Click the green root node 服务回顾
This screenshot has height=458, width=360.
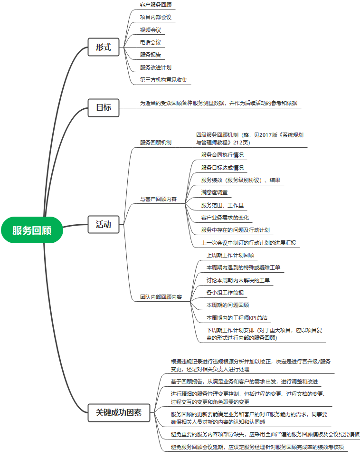pyautogui.click(x=32, y=230)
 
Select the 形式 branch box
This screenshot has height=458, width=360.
pyautogui.click(x=103, y=47)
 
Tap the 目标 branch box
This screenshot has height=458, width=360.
pyautogui.click(x=103, y=107)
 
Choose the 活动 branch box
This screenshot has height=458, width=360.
pyautogui.click(x=103, y=224)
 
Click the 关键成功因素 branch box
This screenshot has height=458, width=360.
pyautogui.click(x=119, y=412)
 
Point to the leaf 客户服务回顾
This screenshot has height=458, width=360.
pyautogui.click(x=156, y=5)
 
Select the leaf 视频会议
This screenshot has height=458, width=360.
pyautogui.click(x=150, y=30)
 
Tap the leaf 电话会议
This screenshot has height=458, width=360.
pyautogui.click(x=150, y=42)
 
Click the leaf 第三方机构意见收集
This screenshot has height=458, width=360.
pyautogui.click(x=164, y=79)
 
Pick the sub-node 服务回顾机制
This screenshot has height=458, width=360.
pyautogui.click(x=156, y=142)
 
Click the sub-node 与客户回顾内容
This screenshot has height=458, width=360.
pyautogui.click(x=158, y=199)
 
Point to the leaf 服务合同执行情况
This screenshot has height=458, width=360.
pyautogui.click(x=222, y=155)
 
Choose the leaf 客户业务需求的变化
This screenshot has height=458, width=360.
pyautogui.click(x=225, y=218)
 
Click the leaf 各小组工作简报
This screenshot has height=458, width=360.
pyautogui.click(x=225, y=292)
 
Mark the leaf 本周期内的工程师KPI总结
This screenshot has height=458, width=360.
pyautogui.click(x=238, y=317)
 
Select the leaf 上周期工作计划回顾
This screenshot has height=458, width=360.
pyautogui.click(x=230, y=255)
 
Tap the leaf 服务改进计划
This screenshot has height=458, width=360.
pyautogui.click(x=156, y=67)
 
